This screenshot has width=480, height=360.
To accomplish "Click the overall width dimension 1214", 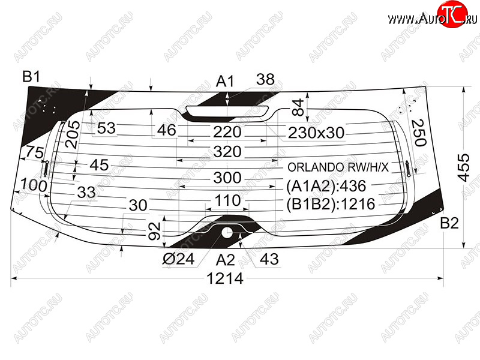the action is pyautogui.click(x=225, y=278).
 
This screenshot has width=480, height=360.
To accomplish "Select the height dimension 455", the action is pyautogui.click(x=463, y=168).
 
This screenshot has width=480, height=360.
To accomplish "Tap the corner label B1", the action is pyautogui.click(x=31, y=76).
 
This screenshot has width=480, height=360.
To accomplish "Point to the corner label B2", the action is pyautogui.click(x=449, y=223).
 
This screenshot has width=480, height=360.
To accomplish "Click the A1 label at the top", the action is pyautogui.click(x=224, y=82).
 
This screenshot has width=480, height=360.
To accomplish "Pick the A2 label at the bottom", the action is pyautogui.click(x=225, y=260).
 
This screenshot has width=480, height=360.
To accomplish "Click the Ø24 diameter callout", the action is pyautogui.click(x=178, y=259).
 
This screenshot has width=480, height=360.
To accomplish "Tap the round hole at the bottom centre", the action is pyautogui.click(x=227, y=232).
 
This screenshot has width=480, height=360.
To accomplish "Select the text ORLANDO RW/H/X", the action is pyautogui.click(x=338, y=167).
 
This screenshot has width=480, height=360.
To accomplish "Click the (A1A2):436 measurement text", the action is pyautogui.click(x=326, y=186).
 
